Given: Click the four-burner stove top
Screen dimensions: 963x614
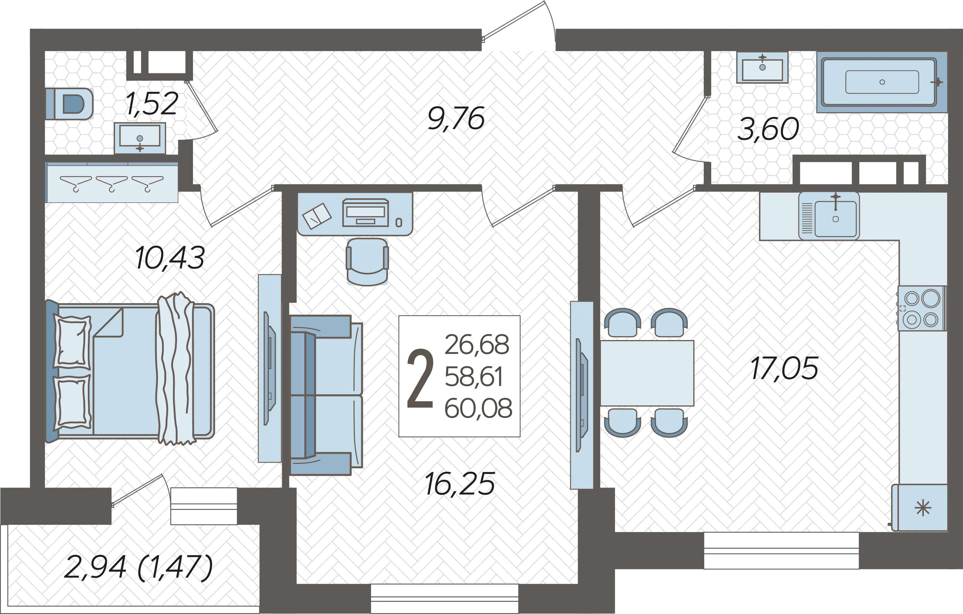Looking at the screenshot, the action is click(921, 309).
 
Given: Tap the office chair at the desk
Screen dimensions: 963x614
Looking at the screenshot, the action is click(367, 262).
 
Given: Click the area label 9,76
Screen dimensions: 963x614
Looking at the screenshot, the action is click(456, 119).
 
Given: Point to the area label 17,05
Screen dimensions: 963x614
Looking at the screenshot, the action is click(784, 369).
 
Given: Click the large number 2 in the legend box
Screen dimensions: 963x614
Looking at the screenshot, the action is click(420, 378).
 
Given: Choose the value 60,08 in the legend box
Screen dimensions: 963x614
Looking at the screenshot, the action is click(478, 408).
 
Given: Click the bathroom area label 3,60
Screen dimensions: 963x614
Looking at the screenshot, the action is click(768, 130).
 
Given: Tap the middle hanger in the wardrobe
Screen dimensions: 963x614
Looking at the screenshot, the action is click(111, 183).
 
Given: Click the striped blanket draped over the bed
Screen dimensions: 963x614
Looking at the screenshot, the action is click(176, 369).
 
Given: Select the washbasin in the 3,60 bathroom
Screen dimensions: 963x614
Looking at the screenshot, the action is click(762, 68).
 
